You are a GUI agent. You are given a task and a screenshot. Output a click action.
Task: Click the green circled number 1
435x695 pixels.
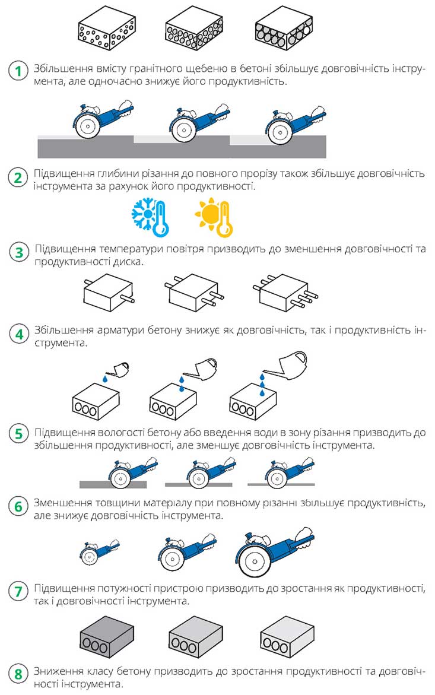click(x=18, y=71)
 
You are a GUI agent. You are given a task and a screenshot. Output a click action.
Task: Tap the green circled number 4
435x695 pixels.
click(x=19, y=334)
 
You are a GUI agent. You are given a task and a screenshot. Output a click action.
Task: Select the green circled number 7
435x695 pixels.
click(x=18, y=591)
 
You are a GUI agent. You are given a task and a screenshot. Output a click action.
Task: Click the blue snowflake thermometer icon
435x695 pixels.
click(x=150, y=217)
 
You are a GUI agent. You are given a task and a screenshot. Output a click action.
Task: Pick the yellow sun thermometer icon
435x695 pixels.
click(x=214, y=217)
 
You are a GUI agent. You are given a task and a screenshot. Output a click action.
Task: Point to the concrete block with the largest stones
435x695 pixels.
click(x=285, y=29)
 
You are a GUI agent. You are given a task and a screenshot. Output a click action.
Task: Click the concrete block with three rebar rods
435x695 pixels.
click(x=285, y=293)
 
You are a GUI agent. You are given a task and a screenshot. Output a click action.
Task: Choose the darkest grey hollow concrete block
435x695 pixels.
click(x=107, y=637)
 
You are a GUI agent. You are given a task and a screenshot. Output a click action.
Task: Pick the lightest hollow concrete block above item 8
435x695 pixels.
click(x=287, y=637)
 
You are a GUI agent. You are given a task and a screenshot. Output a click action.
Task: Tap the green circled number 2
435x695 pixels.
click(x=18, y=177)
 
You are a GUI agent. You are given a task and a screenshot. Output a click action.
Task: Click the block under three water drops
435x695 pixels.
click(x=253, y=402)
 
